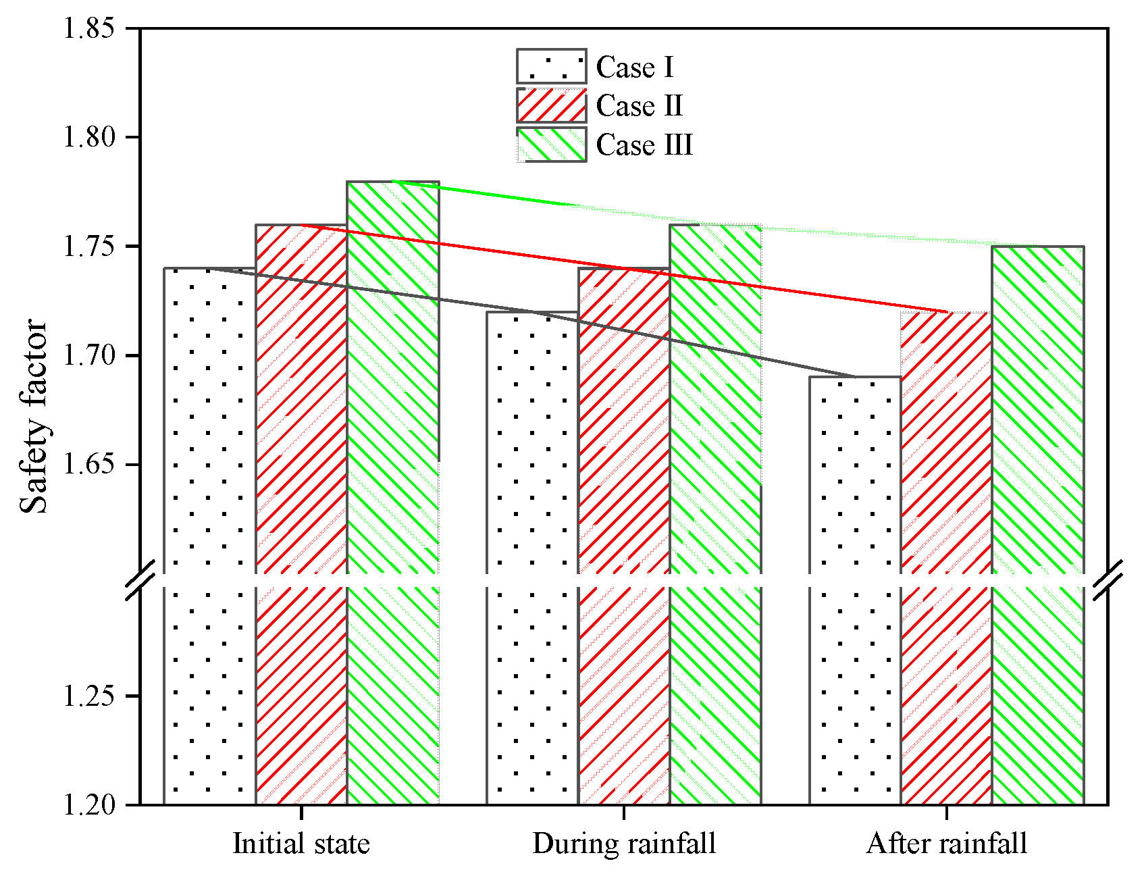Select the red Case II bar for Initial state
click(x=302, y=514)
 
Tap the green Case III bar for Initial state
click(x=393, y=492)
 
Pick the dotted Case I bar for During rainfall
click(x=533, y=558)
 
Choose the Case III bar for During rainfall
click(x=716, y=514)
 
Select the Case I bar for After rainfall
click(x=856, y=590)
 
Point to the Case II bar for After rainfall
click(x=947, y=558)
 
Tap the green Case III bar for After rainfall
click(x=1039, y=525)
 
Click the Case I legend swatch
click(x=552, y=66)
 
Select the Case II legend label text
click(x=640, y=106)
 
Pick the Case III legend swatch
click(x=552, y=145)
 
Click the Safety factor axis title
click(x=34, y=417)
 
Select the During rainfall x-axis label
click(x=624, y=844)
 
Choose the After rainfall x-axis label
click(x=947, y=844)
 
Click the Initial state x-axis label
click(x=301, y=844)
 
